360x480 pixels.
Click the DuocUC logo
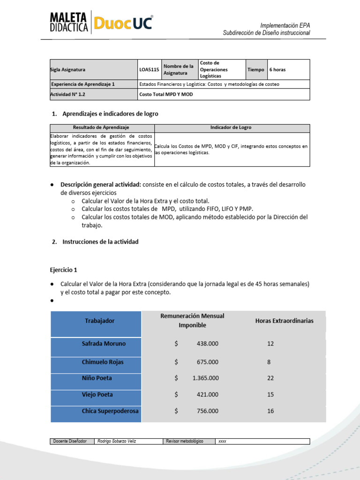123,22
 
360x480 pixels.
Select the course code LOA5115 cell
149,69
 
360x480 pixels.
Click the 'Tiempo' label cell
256,69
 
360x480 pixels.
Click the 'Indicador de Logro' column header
231,127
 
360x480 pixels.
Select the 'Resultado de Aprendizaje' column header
101,127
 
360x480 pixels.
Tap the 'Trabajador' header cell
99,321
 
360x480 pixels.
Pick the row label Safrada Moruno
104,344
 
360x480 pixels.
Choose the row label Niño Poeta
97,378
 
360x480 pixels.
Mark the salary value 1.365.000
205,378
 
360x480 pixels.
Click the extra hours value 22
270,378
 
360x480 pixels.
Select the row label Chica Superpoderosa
110,411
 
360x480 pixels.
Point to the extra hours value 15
270,395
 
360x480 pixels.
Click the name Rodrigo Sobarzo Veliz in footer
116,442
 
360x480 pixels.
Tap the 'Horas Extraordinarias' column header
284,321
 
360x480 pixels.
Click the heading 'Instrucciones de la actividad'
100,242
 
